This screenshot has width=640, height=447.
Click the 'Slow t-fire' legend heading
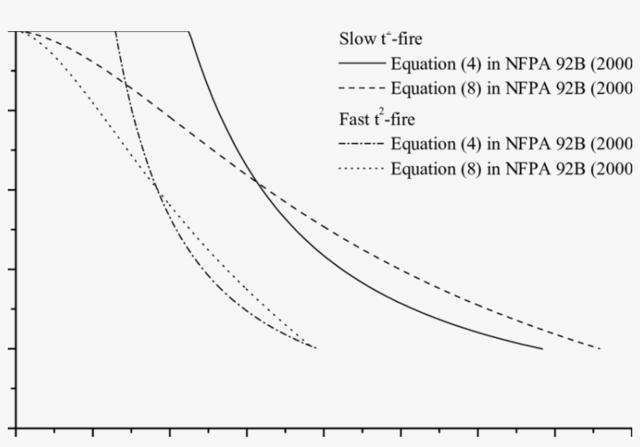click(381, 39)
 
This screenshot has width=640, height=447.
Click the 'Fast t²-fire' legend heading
click(377, 119)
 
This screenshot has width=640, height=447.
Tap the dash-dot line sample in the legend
click(361, 144)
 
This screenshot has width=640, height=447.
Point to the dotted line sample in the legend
click(361, 169)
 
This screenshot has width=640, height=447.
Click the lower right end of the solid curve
click(542, 349)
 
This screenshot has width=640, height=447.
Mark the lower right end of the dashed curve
click(599, 348)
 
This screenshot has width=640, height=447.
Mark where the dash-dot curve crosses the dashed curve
click(125, 82)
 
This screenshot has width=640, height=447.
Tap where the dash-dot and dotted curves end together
click(315, 347)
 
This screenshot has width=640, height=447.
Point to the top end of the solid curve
click(189, 32)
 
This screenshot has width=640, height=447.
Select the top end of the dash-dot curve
click(116, 32)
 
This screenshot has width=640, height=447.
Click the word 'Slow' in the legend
click(355, 39)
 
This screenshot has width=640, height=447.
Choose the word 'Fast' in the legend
click(353, 120)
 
